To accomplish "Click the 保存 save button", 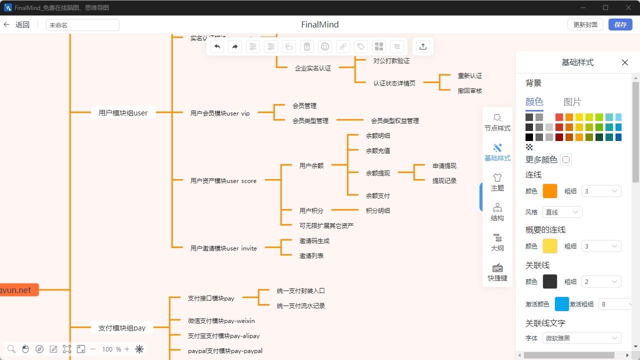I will click(x=620, y=24).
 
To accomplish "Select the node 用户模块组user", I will click(x=123, y=113).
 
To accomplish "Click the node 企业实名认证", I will click(x=313, y=68).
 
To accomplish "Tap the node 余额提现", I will click(x=378, y=173).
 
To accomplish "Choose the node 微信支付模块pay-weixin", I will click(x=221, y=320).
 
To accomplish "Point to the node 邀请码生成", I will click(x=314, y=240).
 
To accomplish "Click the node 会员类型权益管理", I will click(x=395, y=120).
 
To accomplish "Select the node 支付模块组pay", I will click(x=122, y=328).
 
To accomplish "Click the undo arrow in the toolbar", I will click(x=217, y=46).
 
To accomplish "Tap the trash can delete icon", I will click(x=307, y=46).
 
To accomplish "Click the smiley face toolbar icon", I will click(x=325, y=46).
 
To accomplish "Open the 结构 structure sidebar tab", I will click(x=497, y=212).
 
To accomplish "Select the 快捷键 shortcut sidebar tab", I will click(x=497, y=272).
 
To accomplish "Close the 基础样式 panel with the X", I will click(x=625, y=62).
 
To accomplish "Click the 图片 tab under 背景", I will click(x=572, y=102).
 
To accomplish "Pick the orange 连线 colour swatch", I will click(x=550, y=191).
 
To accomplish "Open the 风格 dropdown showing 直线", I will click(x=562, y=212).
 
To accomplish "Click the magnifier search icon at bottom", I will click(x=11, y=349).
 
